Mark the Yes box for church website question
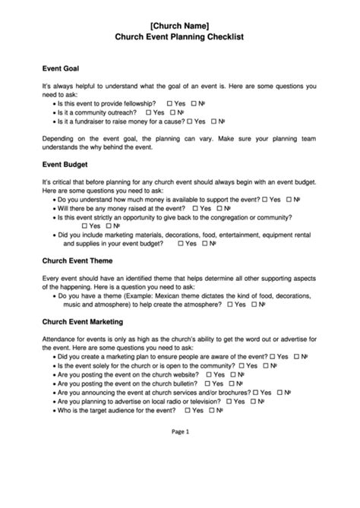(x=207, y=374)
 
